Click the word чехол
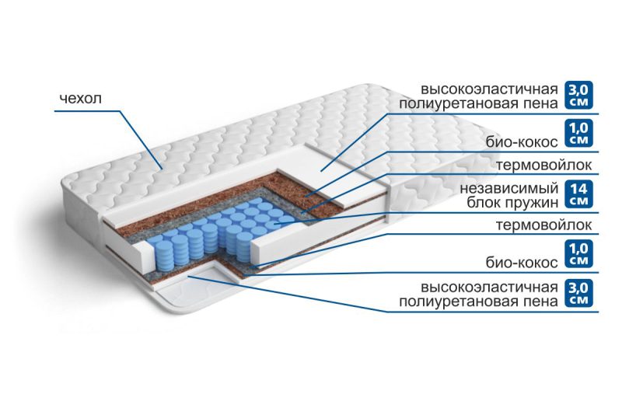click(81, 98)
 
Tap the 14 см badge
click(578, 194)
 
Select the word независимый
click(509, 188)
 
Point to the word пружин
click(532, 203)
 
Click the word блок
click(484, 202)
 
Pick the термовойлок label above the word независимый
click(543, 165)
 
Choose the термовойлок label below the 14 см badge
click(543, 225)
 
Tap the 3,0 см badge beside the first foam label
click(578, 95)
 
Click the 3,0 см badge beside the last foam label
click(578, 293)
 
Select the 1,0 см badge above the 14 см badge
click(578, 133)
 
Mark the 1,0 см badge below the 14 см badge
click(578, 253)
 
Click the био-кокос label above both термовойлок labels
click(522, 141)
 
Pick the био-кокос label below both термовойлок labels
click(522, 262)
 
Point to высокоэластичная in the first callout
click(490, 89)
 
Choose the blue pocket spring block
click(222, 234)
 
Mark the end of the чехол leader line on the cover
click(162, 169)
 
